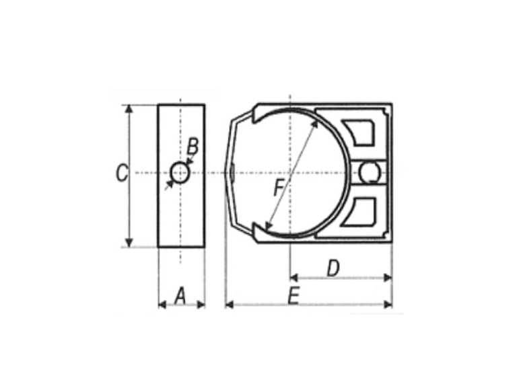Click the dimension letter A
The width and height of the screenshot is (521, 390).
pos(180,296)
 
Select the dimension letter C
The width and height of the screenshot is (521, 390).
pos(122,173)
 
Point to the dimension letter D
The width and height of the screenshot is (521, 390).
pos(333,268)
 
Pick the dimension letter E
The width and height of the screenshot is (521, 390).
pos(293,296)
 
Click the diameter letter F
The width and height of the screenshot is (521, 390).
pos(279,188)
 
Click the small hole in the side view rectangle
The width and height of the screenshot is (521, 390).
pos(180,173)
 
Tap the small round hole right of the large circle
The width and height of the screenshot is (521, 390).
pos(370,173)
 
